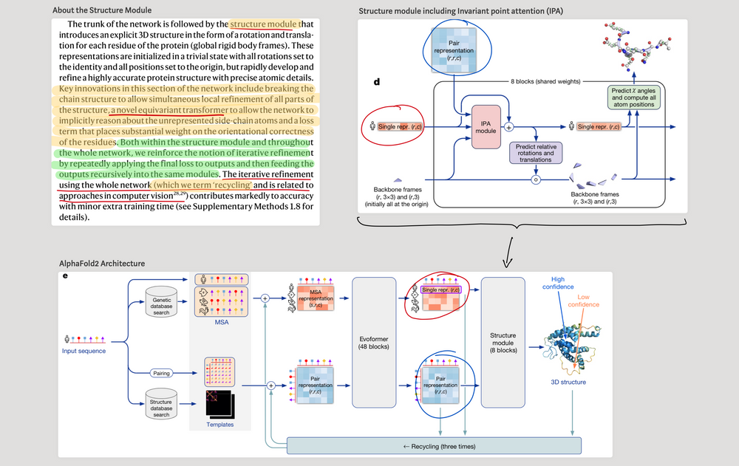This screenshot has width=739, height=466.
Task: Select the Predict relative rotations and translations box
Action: coord(536,153)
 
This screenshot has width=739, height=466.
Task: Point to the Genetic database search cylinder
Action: coord(161,304)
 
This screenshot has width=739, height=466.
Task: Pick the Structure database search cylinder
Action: coord(161,405)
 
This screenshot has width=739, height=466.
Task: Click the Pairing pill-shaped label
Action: coord(161,373)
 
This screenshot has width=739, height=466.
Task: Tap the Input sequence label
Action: coord(83,350)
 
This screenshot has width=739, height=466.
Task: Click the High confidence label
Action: coord(569,283)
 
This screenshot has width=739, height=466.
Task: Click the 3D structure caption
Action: coord(569,382)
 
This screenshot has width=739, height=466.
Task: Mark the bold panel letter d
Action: coord(377,80)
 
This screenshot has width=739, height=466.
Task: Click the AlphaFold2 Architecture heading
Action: coord(102,263)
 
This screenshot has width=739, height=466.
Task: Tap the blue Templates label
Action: coord(219,425)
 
